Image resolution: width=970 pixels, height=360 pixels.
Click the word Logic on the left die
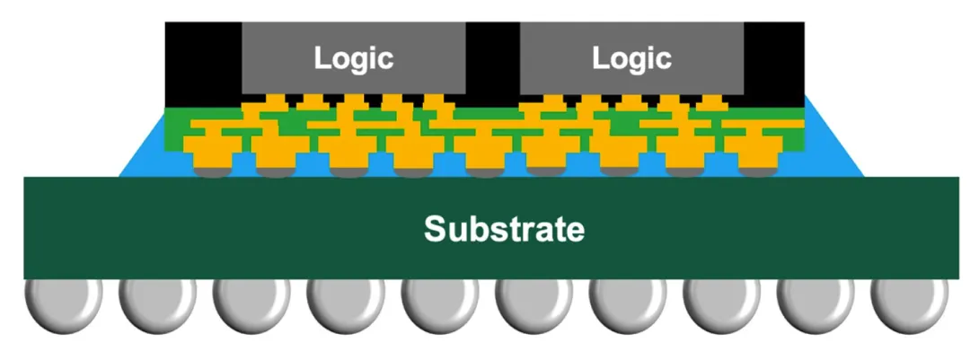click(x=353, y=58)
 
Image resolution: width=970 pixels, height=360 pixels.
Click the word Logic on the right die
click(x=631, y=58)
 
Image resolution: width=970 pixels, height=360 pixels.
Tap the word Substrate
click(x=504, y=229)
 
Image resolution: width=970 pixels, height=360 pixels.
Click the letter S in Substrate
click(x=435, y=229)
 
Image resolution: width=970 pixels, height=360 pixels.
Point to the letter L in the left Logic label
click(x=321, y=58)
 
